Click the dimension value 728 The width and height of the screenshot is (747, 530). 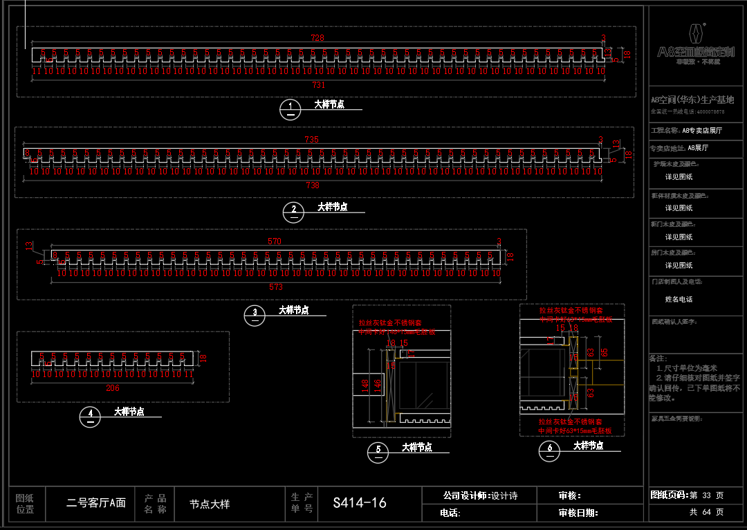point(317,39)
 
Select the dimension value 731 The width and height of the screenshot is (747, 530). point(319,85)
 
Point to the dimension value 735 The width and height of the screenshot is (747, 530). point(312,140)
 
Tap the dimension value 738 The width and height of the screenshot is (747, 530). point(313,185)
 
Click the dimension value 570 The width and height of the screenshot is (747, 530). point(275,241)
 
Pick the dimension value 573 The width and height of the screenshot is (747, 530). point(276,286)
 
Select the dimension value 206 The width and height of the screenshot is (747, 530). point(112,388)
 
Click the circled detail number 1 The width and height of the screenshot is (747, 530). point(290,107)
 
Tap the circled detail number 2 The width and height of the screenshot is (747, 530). point(294,210)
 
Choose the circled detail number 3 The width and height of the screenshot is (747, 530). point(255,313)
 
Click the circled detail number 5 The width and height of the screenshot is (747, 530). point(378,450)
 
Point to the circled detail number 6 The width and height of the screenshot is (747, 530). point(550,450)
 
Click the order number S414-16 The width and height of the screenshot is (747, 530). point(360,503)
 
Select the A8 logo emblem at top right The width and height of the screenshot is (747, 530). point(695,33)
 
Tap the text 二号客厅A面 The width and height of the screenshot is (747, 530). point(96,504)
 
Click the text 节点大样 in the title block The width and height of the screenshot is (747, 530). point(210,504)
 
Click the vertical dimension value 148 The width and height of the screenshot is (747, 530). point(365,386)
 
